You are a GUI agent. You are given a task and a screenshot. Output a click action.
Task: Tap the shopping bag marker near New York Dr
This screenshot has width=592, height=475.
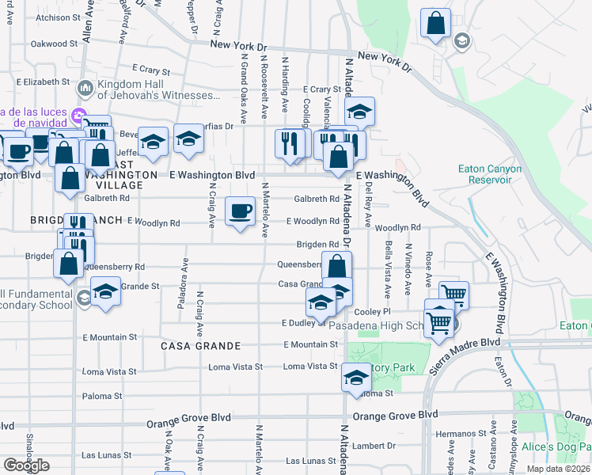pyautogui.click(x=435, y=23)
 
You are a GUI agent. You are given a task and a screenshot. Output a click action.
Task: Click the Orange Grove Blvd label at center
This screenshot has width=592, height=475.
pyautogui.click(x=395, y=415)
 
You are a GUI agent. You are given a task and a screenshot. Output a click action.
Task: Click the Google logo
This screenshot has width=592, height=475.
pyautogui.click(x=25, y=465)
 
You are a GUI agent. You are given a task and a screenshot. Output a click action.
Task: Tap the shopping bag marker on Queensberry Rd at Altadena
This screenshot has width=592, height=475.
pyautogui.click(x=337, y=265)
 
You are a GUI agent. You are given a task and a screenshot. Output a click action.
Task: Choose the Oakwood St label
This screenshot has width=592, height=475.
pyautogui.click(x=54, y=44)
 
